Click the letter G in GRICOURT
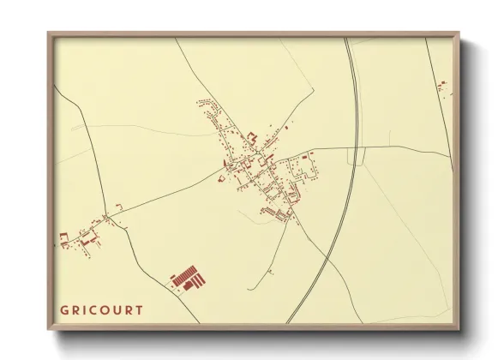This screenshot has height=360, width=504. pos(64,309)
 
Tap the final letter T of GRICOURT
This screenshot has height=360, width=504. pos(139,309)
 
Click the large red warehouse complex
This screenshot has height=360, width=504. pos(188,279)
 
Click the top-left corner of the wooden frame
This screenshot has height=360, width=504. pos(48,33)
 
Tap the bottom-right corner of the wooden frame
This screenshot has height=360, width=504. pos(461,328)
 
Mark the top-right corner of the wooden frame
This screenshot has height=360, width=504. pos(461,33)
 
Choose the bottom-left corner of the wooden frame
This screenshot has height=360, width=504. pos(48,328)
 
